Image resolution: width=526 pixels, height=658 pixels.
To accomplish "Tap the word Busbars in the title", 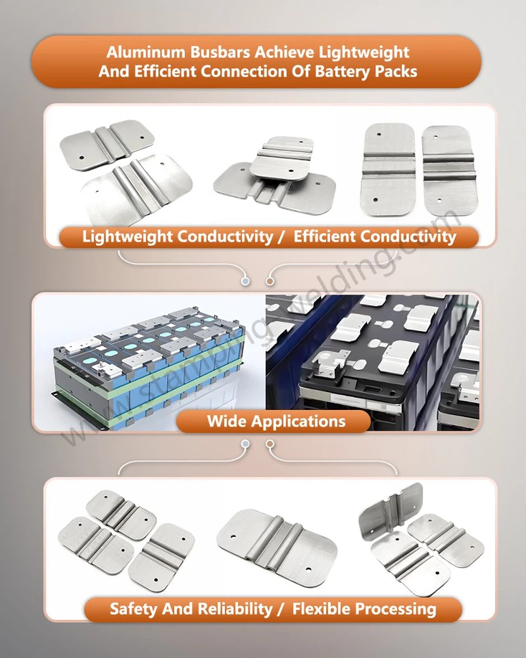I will [208, 53].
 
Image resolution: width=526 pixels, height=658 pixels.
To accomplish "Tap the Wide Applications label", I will [276, 421].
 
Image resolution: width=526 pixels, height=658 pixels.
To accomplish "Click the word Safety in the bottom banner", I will [133, 609].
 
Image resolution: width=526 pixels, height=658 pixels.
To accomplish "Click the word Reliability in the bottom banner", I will [229, 609].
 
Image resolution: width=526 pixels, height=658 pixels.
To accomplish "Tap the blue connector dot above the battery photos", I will [245, 282].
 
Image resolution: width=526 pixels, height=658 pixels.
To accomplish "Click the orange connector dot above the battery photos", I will [270, 282].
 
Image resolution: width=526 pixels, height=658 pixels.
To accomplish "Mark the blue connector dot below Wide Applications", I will [245, 444].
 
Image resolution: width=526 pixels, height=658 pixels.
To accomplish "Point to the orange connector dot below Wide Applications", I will [270, 444].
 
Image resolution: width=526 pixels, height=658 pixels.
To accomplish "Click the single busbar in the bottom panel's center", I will [277, 544].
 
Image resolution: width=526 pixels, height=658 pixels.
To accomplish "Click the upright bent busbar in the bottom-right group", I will [391, 512].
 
